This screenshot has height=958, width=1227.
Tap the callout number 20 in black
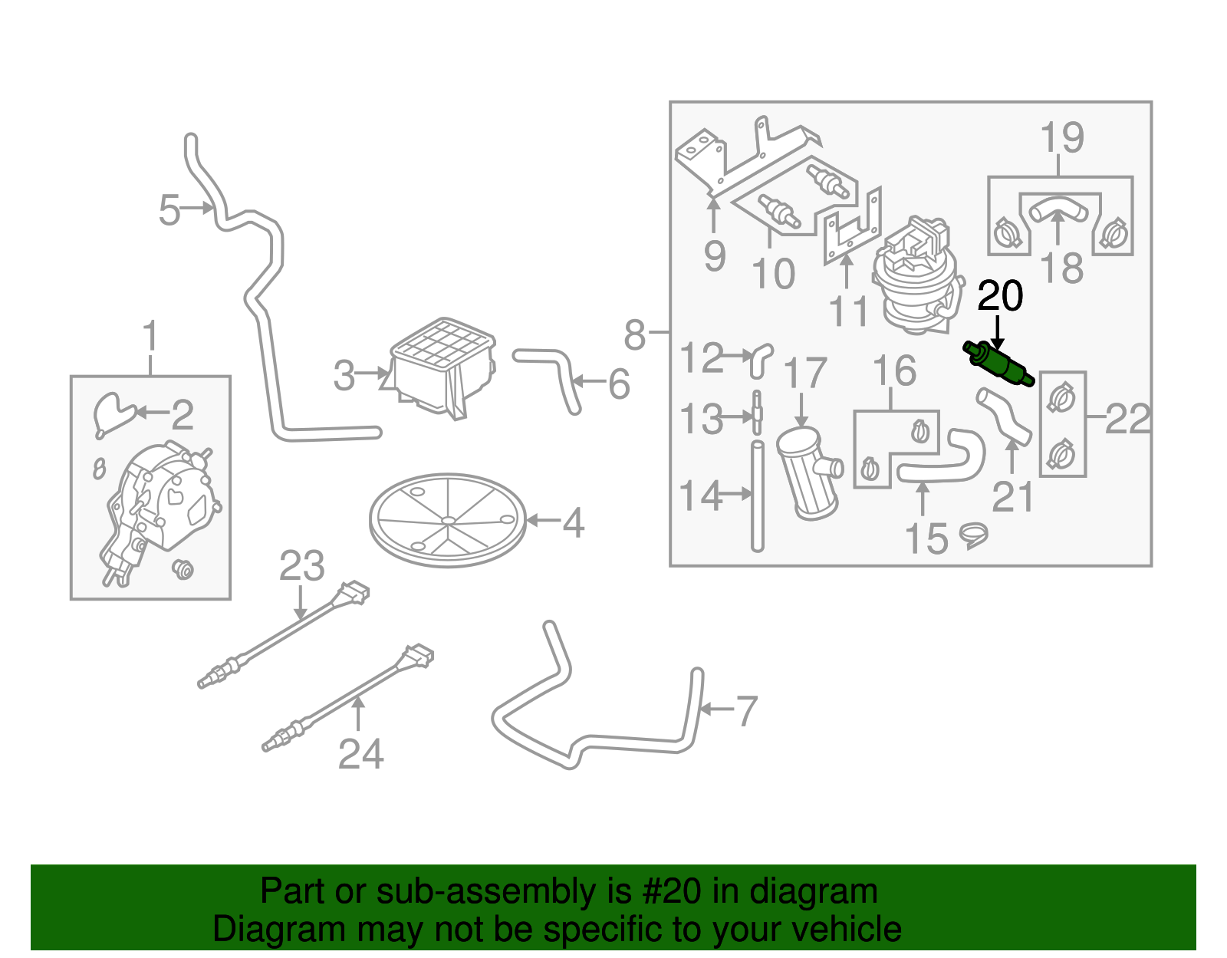point(1000,296)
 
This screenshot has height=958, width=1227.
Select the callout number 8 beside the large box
point(634,334)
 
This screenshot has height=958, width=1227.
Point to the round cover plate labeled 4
point(448,520)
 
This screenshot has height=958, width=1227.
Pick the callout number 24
point(360,754)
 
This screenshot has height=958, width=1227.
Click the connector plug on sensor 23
point(354,593)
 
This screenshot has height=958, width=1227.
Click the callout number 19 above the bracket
point(1061,138)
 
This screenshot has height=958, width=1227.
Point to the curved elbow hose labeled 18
point(1057,208)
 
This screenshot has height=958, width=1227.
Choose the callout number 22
point(1127,419)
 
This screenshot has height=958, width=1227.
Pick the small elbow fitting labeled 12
point(760,359)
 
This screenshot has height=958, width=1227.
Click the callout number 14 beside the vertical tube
point(700,495)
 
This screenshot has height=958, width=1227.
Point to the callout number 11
point(848,311)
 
